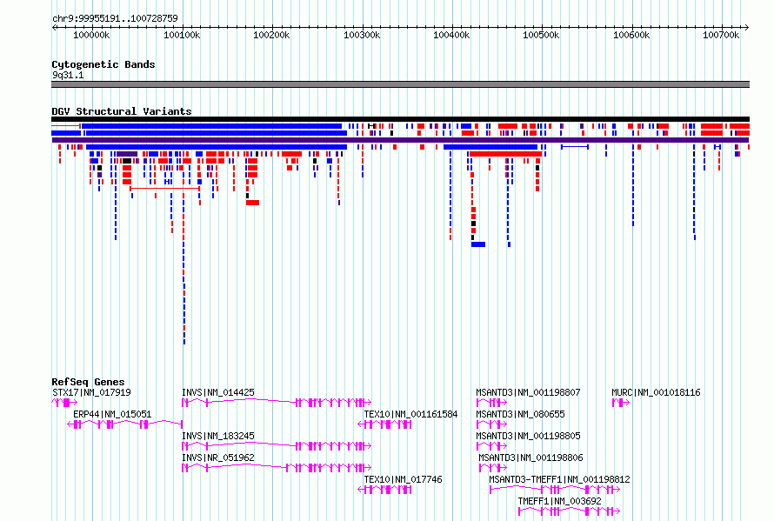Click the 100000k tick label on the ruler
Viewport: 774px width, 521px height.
[91, 35]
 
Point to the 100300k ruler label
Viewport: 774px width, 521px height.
[362, 35]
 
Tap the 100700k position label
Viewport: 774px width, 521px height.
[721, 35]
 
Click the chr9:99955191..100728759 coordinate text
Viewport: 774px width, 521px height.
[115, 19]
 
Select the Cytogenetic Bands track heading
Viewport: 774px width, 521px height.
[103, 64]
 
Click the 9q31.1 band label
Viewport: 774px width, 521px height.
[68, 75]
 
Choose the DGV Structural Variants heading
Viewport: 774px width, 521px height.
[122, 111]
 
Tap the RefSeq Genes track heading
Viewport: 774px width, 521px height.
[88, 382]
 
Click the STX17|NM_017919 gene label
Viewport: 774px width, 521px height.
[91, 392]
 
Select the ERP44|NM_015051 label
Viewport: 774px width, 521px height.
[112, 414]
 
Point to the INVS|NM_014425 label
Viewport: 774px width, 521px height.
[218, 392]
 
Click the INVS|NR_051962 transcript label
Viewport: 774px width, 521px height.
[218, 458]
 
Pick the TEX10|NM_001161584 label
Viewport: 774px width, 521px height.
[410, 414]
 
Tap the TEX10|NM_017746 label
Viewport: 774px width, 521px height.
[403, 479]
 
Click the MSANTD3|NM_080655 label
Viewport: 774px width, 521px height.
[520, 414]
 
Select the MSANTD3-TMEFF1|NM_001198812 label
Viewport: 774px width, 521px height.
[559, 479]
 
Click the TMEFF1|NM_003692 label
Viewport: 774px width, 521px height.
[560, 501]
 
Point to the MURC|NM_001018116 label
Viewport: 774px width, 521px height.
[656, 392]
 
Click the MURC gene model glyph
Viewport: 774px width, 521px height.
[621, 403]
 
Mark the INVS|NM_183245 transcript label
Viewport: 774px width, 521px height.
[218, 436]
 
